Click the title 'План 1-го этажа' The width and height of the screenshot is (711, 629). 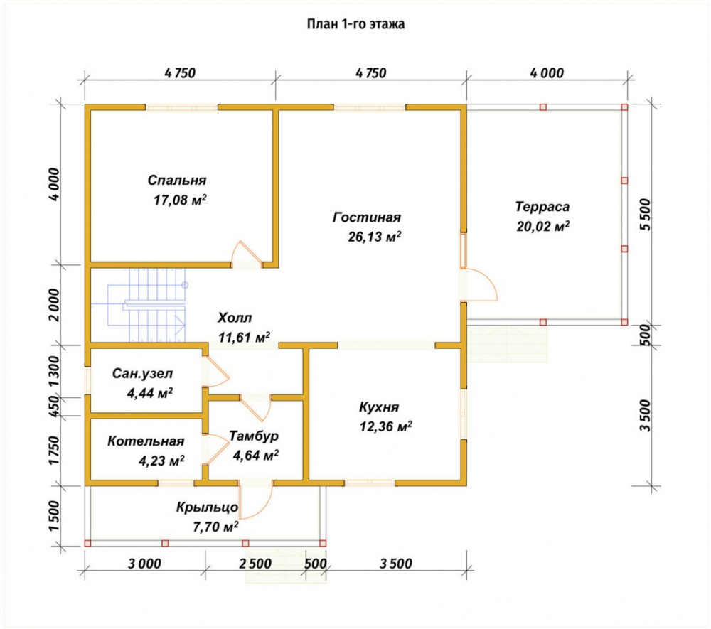355,23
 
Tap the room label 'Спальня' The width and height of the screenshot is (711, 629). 177,180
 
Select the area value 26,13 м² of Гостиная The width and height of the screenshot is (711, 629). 375,236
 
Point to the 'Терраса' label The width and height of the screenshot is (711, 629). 542,207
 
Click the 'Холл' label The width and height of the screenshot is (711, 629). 235,317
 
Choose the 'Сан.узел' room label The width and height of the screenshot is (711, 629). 142,373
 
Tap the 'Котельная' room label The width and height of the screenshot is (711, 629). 146,441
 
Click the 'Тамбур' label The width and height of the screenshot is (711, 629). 254,436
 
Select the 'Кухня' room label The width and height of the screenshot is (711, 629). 379,407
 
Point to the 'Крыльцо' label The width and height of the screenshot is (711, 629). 207,507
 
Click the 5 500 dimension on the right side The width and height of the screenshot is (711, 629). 646,215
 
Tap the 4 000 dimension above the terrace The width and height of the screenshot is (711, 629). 547,73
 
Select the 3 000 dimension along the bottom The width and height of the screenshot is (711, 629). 144,564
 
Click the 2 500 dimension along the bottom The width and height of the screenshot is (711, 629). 255,564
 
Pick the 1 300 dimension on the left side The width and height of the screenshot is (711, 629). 54,371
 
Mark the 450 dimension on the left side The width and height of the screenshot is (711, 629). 54,407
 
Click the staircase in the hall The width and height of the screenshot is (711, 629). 146,304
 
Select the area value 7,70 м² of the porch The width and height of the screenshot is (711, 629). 215,527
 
